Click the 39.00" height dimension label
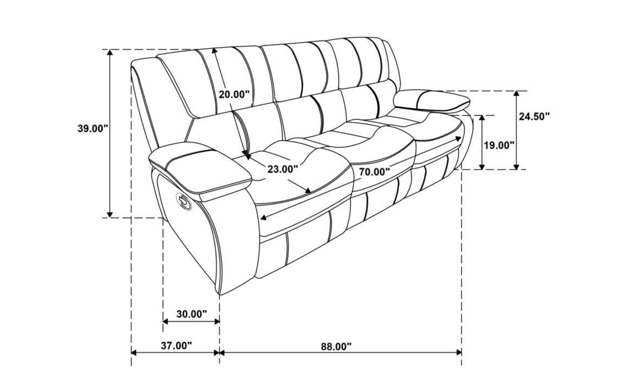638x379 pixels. pyautogui.click(x=93, y=128)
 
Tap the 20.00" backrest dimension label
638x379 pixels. pyautogui.click(x=234, y=94)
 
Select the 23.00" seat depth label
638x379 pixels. pyautogui.click(x=282, y=169)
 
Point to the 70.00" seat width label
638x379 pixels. pyautogui.click(x=375, y=172)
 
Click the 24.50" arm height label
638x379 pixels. pyautogui.click(x=535, y=116)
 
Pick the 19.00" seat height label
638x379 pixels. pyautogui.click(x=499, y=145)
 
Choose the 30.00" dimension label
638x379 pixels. pyautogui.click(x=191, y=314)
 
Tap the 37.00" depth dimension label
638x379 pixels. pyautogui.click(x=176, y=345)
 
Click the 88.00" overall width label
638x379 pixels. pyautogui.click(x=336, y=346)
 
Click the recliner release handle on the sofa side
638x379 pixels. pyautogui.click(x=184, y=201)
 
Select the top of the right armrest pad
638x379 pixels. pyautogui.click(x=432, y=99)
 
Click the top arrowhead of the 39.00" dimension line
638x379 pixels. pyautogui.click(x=110, y=52)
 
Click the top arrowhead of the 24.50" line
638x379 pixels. pyautogui.click(x=516, y=94)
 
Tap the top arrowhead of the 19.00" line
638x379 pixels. pyautogui.click(x=482, y=119)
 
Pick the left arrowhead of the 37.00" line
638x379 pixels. pyautogui.click(x=135, y=352)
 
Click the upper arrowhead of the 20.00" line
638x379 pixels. pyautogui.click(x=214, y=51)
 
